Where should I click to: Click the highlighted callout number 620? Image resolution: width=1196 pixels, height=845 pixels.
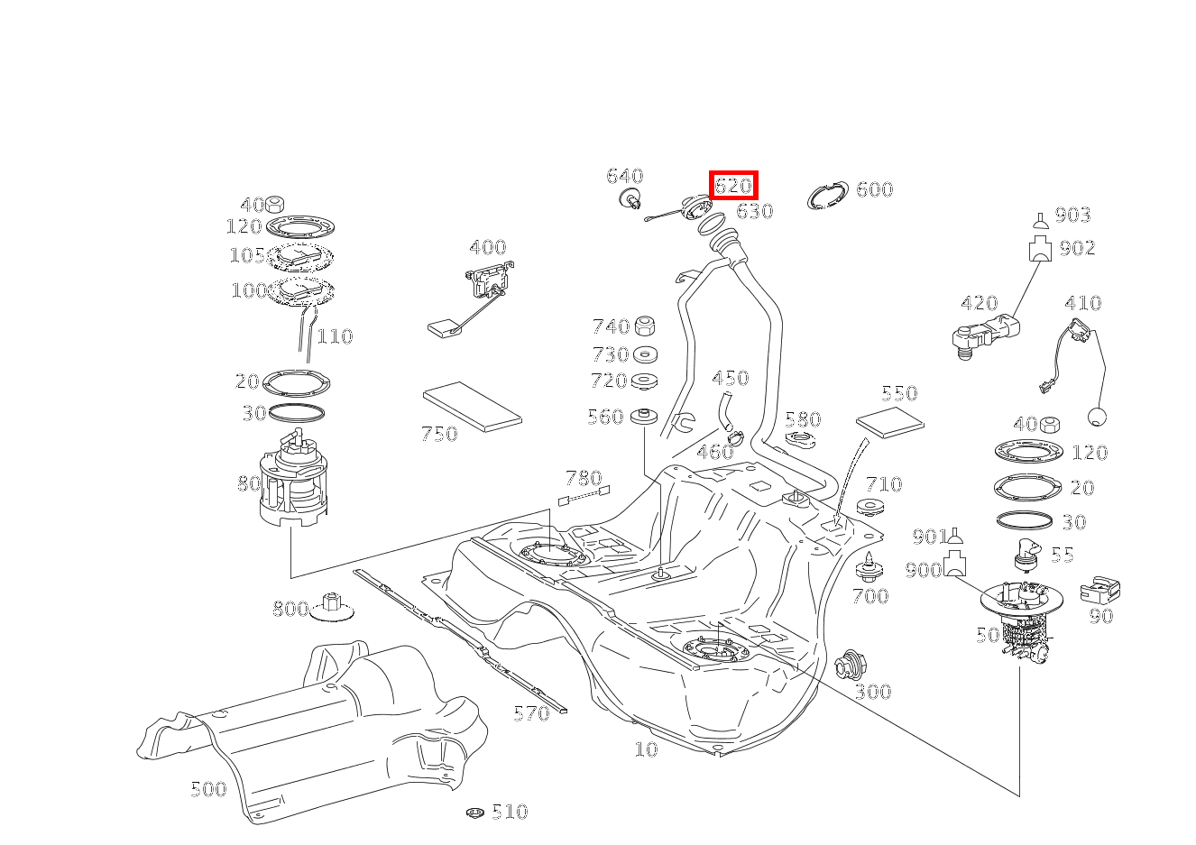(733, 186)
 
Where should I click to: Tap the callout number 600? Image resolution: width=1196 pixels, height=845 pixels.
(874, 189)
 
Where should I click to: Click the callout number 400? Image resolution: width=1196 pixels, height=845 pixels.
(487, 247)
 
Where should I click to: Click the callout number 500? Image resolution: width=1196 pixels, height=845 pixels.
(207, 789)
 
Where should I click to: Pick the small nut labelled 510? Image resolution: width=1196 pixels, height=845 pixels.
(476, 813)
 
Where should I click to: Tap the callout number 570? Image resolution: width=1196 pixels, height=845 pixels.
(530, 714)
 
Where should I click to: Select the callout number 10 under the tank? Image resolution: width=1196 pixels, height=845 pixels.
(646, 749)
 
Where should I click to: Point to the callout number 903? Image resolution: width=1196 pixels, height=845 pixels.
(1072, 215)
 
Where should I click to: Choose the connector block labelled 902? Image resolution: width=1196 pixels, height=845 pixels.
(1040, 248)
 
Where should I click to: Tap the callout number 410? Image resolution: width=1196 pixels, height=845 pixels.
(1082, 303)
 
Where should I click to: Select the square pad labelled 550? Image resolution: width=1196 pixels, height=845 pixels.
(889, 419)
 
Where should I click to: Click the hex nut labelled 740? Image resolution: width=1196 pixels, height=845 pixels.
(645, 326)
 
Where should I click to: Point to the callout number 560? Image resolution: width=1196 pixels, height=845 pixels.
(605, 417)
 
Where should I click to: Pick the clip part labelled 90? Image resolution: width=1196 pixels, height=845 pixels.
(1100, 591)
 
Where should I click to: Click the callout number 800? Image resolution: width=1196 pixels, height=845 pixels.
(290, 609)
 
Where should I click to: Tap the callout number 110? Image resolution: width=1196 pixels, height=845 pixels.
(335, 336)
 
